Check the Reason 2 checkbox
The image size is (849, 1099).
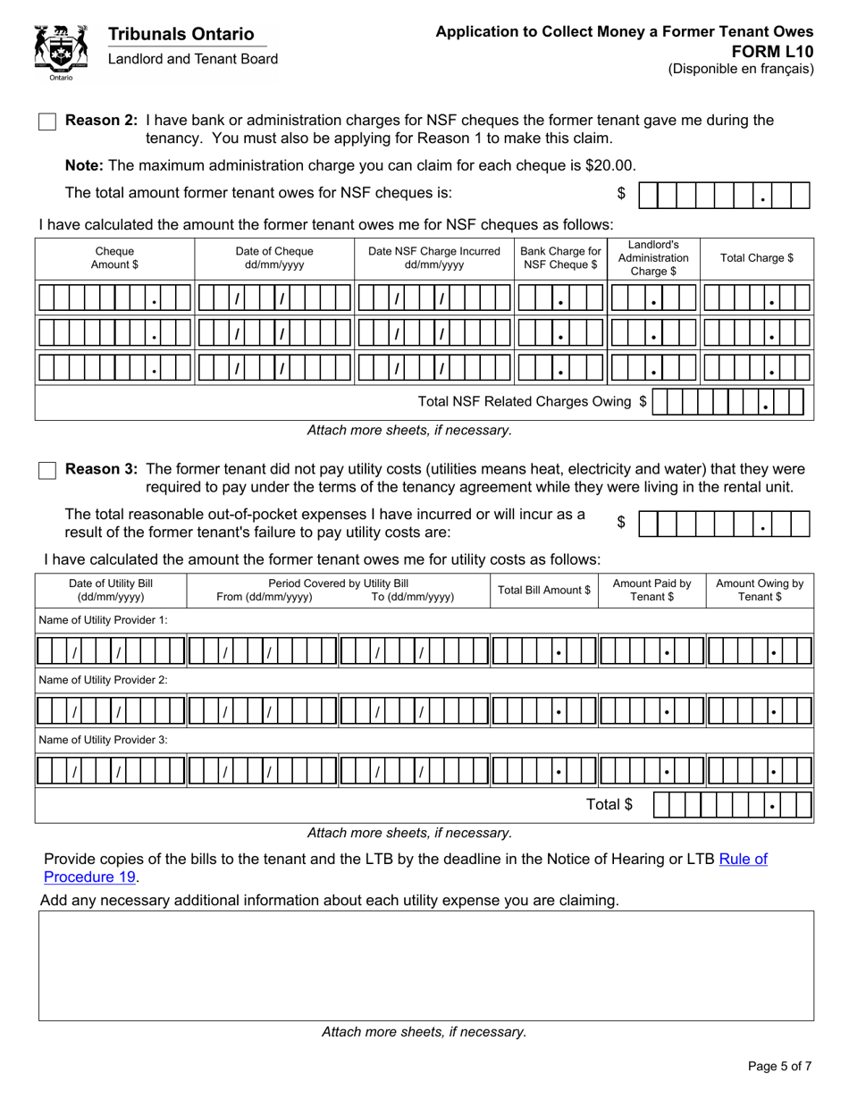[47, 122]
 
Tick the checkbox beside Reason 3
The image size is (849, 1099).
[47, 470]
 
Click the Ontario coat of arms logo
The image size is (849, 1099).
[61, 52]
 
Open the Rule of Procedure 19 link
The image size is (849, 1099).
[407, 868]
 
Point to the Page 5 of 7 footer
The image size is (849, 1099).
[779, 1065]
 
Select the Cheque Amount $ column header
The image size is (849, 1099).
[114, 258]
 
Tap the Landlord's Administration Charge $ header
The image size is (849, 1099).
[653, 258]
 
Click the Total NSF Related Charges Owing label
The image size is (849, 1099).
[532, 401]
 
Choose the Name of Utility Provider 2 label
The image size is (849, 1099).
[103, 680]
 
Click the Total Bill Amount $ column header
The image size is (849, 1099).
[543, 590]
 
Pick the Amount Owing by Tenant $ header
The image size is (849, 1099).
[760, 590]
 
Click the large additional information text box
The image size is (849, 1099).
[425, 965]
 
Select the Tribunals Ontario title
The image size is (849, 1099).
[181, 34]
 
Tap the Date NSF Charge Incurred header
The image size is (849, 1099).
[433, 258]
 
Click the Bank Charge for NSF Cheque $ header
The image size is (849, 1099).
[560, 258]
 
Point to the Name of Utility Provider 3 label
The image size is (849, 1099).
[103, 740]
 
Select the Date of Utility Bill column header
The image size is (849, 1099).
[111, 590]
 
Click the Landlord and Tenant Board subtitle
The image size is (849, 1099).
[193, 59]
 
